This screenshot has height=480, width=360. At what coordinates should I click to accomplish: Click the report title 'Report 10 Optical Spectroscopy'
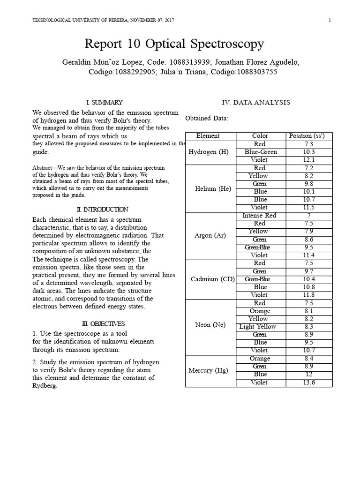coord(174,44)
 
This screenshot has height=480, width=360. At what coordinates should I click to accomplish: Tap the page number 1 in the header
coord(330,20)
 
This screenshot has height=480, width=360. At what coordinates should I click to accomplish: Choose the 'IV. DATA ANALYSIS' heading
coord(255,102)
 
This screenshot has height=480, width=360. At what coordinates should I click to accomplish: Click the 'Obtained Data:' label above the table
coord(207,118)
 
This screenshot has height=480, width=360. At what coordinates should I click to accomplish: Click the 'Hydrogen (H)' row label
coord(208,152)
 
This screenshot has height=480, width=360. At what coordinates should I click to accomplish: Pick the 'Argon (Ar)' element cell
coord(210,235)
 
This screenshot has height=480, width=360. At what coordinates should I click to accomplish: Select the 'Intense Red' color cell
coord(259,216)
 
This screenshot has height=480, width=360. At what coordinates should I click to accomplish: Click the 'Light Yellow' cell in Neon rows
coord(258,327)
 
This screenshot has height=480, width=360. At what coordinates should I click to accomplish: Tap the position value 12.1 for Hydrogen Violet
coord(308,160)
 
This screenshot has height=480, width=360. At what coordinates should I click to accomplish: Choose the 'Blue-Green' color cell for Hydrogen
coord(261,152)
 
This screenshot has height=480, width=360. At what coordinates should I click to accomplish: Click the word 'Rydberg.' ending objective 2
coord(45,386)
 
